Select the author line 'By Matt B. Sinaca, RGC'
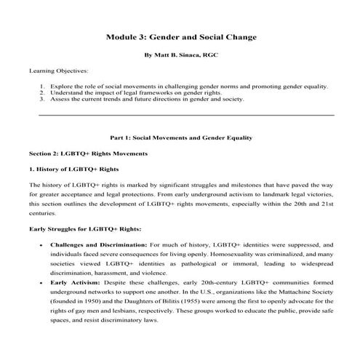180,55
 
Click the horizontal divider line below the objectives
185,115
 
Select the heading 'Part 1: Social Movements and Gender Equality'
180,137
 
